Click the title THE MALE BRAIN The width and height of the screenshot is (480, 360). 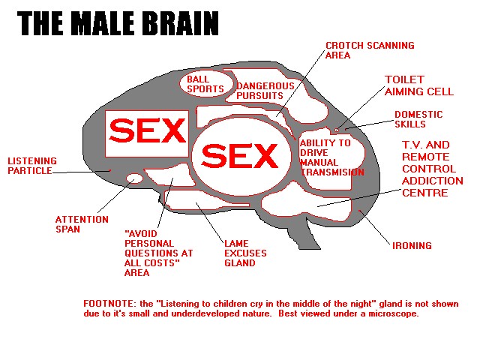[118, 23]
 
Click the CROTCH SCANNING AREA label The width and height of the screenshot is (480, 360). [369, 50]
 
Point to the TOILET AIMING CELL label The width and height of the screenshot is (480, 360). [418, 85]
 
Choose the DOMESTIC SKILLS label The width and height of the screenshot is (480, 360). [418, 119]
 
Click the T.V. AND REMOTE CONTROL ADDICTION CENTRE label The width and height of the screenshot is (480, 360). [433, 169]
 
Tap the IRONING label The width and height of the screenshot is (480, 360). [412, 245]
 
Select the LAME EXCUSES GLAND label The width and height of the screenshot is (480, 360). [245, 253]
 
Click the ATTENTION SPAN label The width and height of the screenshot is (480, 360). [76, 224]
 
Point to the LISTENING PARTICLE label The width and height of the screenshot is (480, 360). [30, 165]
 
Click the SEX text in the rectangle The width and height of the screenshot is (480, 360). [146, 133]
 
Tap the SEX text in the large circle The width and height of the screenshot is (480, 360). [239, 156]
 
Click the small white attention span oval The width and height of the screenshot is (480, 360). [134, 178]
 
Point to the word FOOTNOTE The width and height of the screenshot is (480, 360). [110, 304]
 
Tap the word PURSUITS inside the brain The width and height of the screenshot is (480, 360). [259, 96]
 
